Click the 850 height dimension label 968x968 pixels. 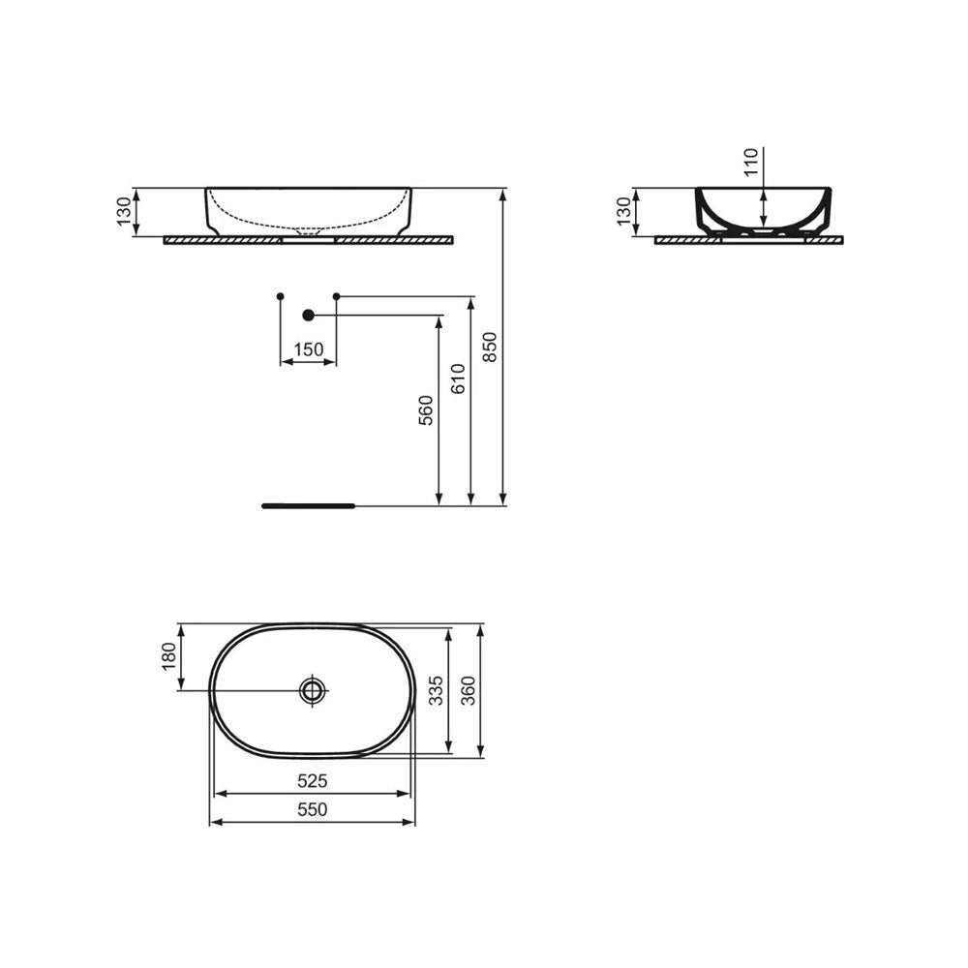(490, 347)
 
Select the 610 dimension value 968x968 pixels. (458, 378)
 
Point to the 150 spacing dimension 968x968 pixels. (308, 349)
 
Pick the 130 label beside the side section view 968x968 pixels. (623, 210)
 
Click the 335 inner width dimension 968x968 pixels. (437, 690)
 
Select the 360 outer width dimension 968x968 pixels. (469, 690)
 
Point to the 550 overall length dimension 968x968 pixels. (313, 809)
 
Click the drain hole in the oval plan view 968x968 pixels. (313, 690)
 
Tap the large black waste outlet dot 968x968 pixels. (309, 315)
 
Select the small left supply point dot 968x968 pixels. (280, 294)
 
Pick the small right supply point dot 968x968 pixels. (336, 294)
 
